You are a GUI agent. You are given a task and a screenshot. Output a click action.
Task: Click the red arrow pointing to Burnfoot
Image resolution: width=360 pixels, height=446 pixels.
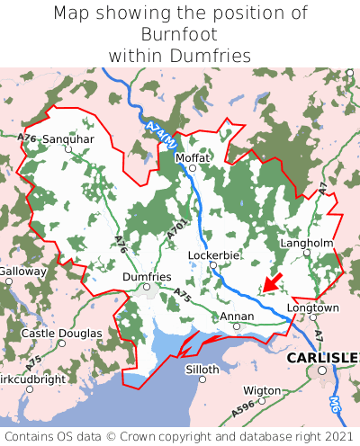pyautogui.click(x=273, y=281)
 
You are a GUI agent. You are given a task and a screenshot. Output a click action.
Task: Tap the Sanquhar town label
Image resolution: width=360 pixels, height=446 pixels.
pyautogui.click(x=68, y=139)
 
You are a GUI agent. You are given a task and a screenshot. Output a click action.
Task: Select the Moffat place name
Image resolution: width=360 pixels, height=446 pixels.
pyautogui.click(x=193, y=157)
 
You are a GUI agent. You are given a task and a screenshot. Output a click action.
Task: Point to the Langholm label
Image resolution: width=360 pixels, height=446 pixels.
pyautogui.click(x=307, y=243)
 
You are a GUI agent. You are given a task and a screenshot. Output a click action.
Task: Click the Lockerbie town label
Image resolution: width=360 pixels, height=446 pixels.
pyautogui.click(x=213, y=255)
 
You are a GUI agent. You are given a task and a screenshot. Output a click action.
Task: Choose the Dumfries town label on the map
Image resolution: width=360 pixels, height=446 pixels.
pyautogui.click(x=146, y=277)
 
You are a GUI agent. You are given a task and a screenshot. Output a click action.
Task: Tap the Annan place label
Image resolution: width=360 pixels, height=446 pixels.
pyautogui.click(x=237, y=317)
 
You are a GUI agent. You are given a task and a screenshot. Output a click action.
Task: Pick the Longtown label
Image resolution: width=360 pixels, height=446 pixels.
pyautogui.click(x=312, y=308)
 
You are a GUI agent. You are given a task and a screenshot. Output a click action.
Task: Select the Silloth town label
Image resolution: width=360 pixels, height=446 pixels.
pyautogui.click(x=202, y=370)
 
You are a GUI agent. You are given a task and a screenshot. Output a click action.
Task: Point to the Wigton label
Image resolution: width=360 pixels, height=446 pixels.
pyautogui.click(x=262, y=390)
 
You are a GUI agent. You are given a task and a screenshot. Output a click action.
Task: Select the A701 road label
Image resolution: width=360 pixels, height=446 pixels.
pyautogui.click(x=177, y=228)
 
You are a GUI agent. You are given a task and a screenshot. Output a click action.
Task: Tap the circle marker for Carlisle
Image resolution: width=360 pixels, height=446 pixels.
pyautogui.click(x=321, y=370)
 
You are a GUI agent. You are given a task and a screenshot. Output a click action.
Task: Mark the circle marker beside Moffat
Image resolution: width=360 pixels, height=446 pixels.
pyautogui.click(x=192, y=168)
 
